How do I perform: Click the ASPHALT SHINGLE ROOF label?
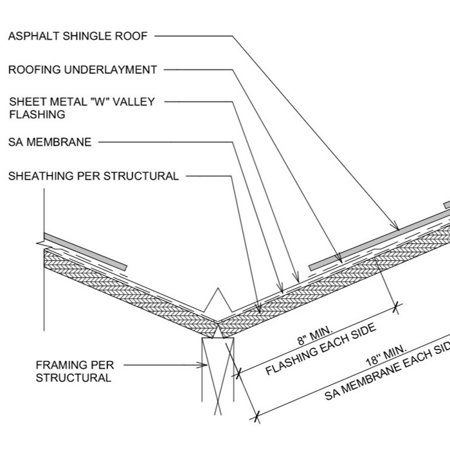point(78,36)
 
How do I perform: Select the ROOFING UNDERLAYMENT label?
point(83,69)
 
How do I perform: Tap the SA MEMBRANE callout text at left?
point(50,142)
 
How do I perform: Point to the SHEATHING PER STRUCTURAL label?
point(94,176)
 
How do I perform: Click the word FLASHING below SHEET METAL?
point(37,114)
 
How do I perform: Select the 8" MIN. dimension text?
point(315,335)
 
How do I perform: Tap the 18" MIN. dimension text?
point(386,355)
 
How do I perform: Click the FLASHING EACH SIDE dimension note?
point(321,349)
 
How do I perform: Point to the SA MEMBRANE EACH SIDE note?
point(387,370)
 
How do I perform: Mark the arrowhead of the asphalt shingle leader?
point(396,226)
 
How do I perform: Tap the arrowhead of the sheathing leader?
point(258,309)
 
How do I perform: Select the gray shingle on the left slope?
point(85,252)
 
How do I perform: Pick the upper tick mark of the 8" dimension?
point(397,308)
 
